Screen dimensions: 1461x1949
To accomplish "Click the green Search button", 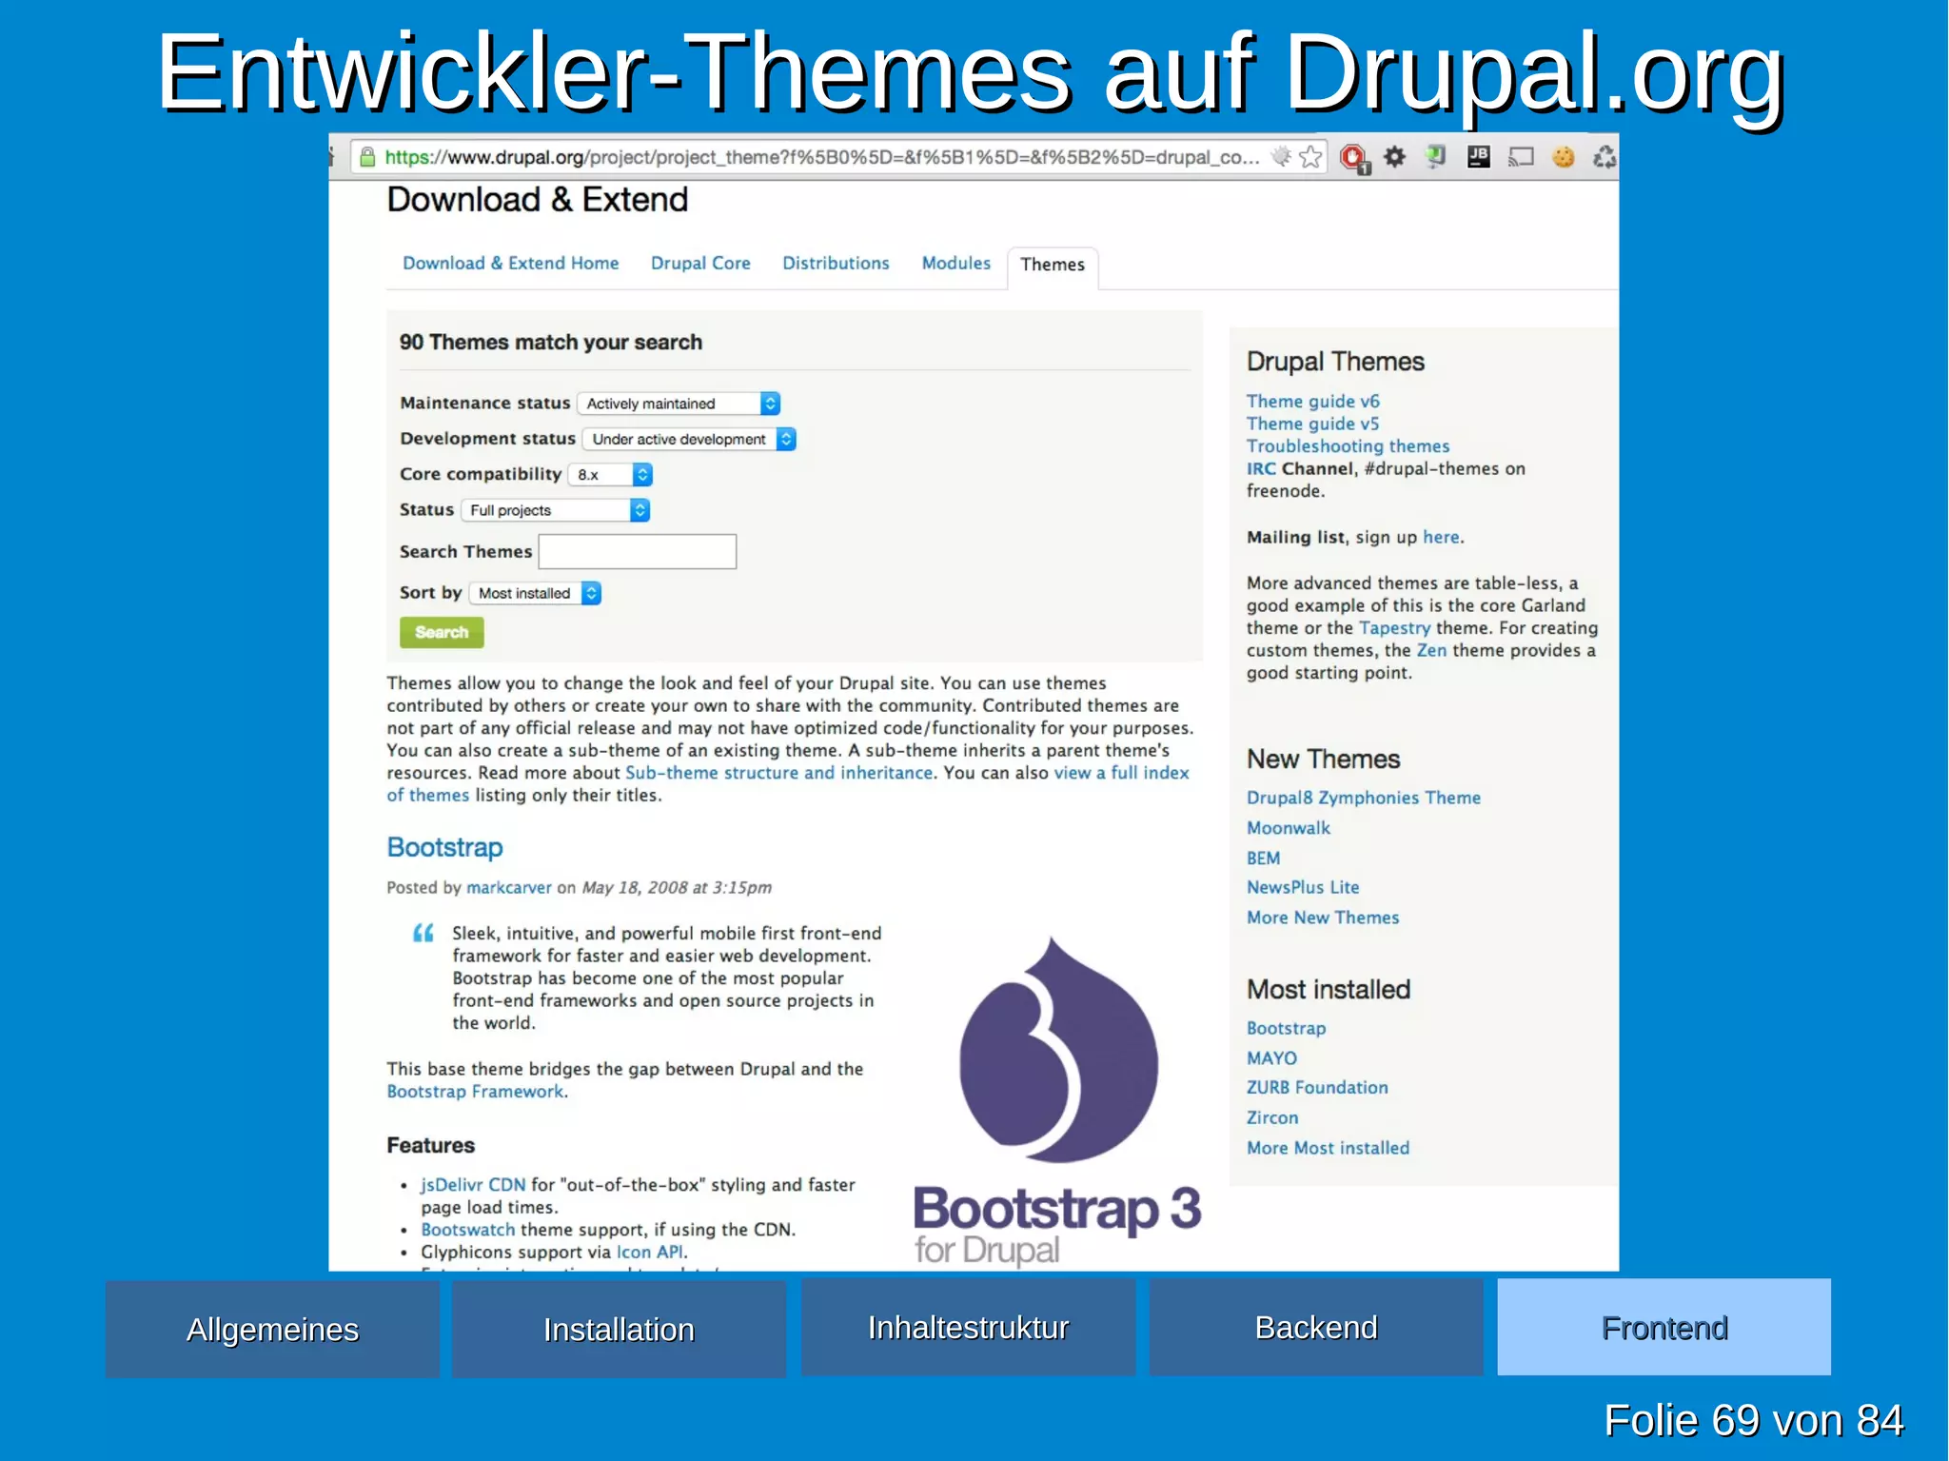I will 442,632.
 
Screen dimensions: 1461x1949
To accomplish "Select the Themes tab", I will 1052,265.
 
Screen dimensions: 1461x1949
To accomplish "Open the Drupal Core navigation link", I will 700,264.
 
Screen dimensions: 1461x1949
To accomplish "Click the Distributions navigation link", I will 836,264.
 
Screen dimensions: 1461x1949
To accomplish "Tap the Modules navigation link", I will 955,264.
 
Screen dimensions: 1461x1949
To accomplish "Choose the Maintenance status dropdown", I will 679,404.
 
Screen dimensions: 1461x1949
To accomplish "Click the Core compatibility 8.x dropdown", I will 610,474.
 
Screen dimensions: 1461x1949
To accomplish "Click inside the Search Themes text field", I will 637,551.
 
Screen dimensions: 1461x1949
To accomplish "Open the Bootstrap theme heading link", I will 444,847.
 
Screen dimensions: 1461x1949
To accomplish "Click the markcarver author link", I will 508,887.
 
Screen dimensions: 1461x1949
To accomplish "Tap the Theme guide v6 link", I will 1312,402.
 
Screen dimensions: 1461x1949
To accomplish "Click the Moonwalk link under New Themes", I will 1289,828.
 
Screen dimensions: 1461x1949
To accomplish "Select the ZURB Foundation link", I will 1317,1087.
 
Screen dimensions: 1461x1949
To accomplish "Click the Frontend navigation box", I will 1664,1327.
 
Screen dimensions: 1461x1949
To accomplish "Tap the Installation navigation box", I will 619,1329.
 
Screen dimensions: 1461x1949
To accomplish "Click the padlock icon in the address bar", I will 367,157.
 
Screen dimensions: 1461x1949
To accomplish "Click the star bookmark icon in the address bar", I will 1310,157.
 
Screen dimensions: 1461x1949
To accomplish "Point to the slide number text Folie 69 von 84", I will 1753,1420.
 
